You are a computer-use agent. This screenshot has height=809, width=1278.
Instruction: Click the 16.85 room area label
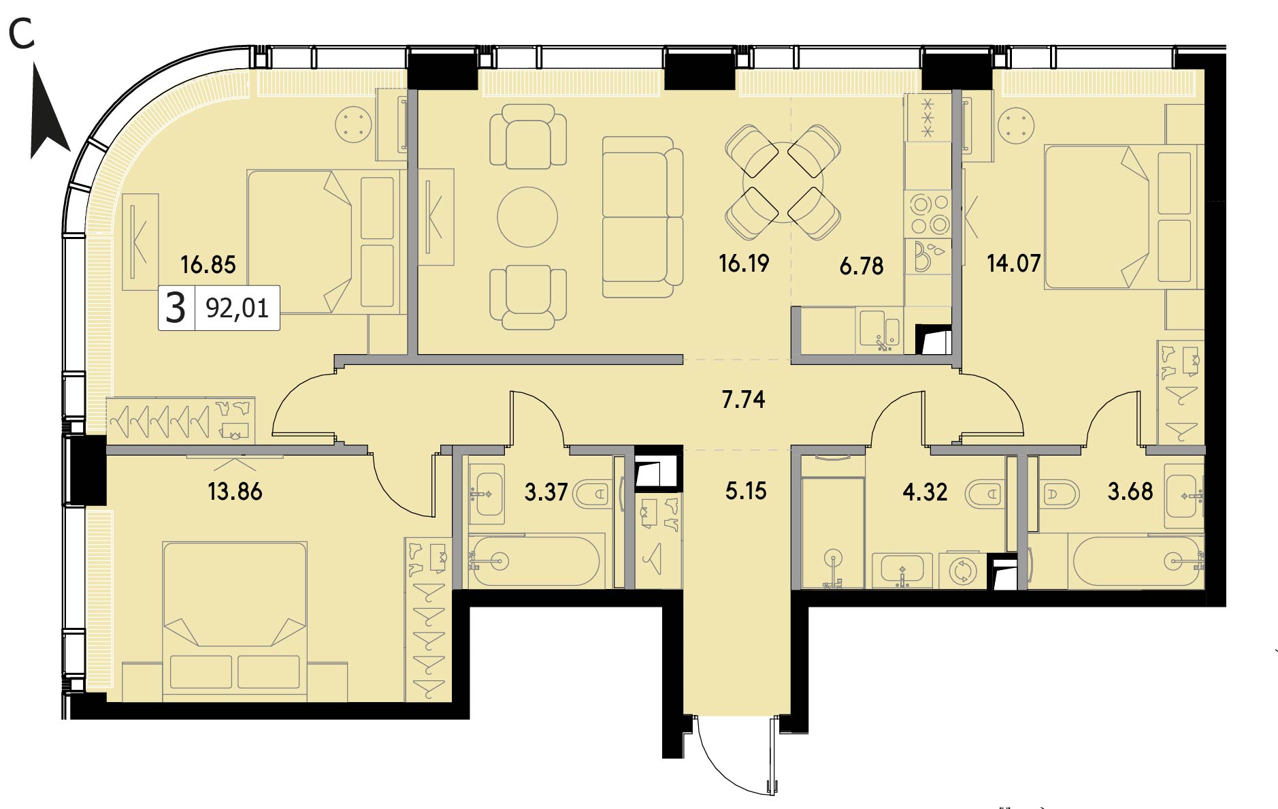(x=208, y=264)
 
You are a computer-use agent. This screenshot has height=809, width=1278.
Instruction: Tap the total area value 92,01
(x=237, y=308)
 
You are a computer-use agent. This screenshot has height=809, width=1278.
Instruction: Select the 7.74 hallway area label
(x=743, y=399)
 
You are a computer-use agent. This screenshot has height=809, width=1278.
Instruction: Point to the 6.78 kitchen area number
(x=862, y=265)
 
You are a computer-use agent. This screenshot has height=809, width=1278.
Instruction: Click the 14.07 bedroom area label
(x=1014, y=263)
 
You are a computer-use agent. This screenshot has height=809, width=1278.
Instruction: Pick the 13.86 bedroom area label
(x=235, y=491)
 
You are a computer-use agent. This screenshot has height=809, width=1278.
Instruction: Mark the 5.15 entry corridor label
(x=746, y=490)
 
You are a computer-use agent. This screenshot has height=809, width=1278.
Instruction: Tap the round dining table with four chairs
(x=783, y=182)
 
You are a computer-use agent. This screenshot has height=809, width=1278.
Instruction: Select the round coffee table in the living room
(x=527, y=217)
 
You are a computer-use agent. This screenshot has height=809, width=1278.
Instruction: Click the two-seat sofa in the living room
(x=642, y=217)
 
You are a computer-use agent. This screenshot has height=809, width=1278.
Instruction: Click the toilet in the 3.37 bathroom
(x=593, y=493)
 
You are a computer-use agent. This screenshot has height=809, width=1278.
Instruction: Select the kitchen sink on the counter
(x=880, y=330)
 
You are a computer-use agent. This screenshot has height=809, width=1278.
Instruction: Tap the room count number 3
(x=176, y=308)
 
